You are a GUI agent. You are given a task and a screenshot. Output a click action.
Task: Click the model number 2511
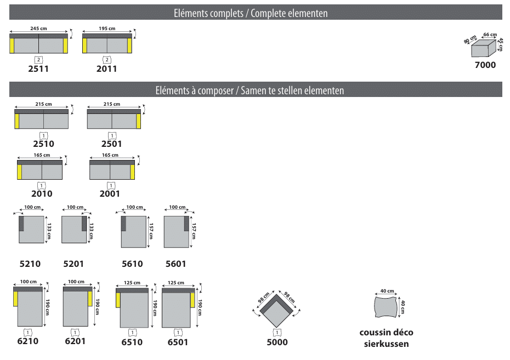(x=38, y=69)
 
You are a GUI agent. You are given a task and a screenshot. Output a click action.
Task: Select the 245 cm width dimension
(x=38, y=28)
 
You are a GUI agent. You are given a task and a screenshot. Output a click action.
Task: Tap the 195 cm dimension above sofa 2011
(x=107, y=28)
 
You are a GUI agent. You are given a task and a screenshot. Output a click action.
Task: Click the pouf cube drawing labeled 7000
(x=484, y=48)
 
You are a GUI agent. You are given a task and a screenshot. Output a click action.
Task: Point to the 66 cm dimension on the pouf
(x=490, y=35)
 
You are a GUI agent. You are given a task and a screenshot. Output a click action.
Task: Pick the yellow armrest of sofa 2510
(x=17, y=121)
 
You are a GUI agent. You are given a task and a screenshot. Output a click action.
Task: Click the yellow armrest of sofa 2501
(x=139, y=121)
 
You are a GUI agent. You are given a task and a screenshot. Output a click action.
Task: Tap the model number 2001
(x=110, y=193)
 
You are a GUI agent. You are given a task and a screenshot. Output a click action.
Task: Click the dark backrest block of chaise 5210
(x=21, y=224)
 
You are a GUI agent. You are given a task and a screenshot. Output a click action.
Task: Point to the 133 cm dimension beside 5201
(x=92, y=231)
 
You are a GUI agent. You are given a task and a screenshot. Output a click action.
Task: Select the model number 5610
(x=132, y=264)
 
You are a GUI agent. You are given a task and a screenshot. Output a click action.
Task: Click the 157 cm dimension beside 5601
(x=194, y=231)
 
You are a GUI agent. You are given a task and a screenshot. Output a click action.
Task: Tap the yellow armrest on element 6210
(x=15, y=299)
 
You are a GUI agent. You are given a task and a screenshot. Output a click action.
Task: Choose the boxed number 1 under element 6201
(x=75, y=333)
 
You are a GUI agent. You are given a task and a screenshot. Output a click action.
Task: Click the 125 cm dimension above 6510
(x=132, y=283)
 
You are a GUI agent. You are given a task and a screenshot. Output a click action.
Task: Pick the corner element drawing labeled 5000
(x=276, y=308)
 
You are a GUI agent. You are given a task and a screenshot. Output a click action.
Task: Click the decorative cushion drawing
(x=386, y=306)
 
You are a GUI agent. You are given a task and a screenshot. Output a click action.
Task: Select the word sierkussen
(x=387, y=344)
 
